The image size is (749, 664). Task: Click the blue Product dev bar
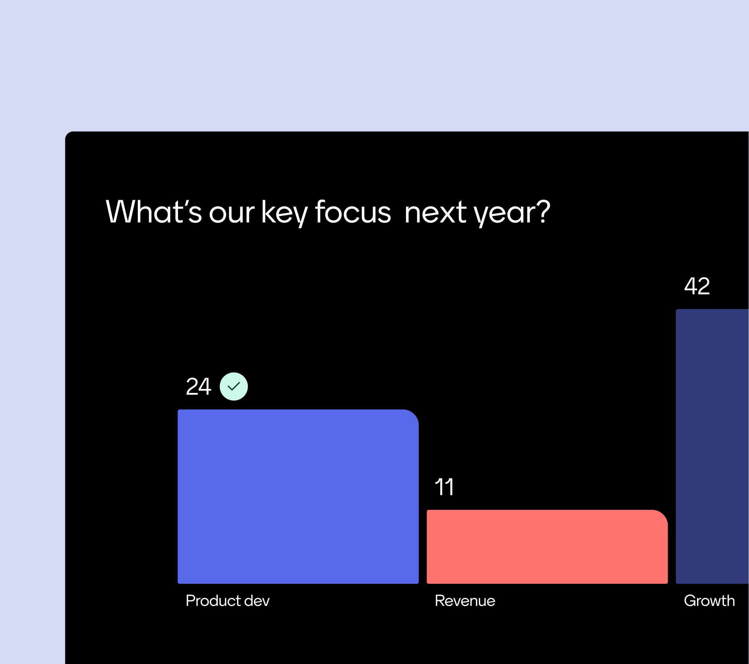point(298,496)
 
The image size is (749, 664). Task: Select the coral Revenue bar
point(547,547)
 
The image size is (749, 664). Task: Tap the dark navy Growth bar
point(712,446)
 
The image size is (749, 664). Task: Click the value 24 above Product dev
point(198,387)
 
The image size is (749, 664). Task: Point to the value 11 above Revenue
point(444,487)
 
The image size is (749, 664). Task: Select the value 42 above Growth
point(697,286)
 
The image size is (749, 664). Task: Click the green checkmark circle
point(234,386)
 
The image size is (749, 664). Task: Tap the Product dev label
point(227,601)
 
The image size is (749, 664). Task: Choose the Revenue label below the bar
point(465,601)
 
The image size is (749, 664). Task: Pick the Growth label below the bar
point(709,601)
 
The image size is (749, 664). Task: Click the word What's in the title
point(154,212)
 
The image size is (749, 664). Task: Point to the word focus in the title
point(353,212)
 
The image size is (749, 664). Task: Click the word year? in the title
point(512,214)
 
